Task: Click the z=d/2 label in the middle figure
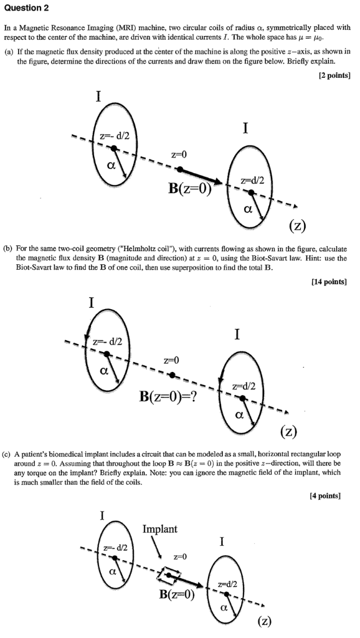point(242,386)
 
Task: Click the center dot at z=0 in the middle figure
point(172,374)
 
